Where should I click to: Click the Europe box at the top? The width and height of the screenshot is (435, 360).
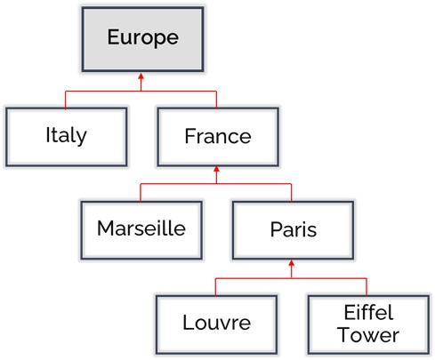point(142,39)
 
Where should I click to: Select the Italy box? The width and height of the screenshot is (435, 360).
point(67,137)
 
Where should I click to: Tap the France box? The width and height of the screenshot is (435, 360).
point(218,137)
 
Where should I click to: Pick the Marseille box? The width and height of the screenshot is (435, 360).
point(141,230)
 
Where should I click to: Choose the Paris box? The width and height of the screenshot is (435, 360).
point(293,230)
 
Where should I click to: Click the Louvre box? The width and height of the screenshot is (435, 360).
point(217,324)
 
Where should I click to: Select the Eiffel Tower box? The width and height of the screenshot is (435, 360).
point(368,324)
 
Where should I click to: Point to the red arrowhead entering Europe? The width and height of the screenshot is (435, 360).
point(141,76)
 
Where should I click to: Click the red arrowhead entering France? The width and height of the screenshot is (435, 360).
point(216,169)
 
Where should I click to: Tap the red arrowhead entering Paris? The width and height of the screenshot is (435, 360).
point(292,263)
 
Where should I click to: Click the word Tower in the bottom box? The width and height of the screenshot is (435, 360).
point(368,335)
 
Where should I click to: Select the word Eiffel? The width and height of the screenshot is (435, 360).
point(368,312)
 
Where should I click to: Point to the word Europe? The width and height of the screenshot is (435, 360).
point(143,37)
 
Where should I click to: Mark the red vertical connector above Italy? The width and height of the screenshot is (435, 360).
point(65,100)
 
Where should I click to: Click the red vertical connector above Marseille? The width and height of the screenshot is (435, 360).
point(141,193)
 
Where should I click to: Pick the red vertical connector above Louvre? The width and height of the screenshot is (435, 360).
point(215,287)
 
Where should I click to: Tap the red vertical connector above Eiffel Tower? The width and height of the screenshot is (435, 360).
point(367,287)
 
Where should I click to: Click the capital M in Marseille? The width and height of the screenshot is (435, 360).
point(105,228)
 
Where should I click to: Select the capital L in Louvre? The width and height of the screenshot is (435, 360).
point(189,322)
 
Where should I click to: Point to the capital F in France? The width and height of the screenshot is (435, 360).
point(190,136)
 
